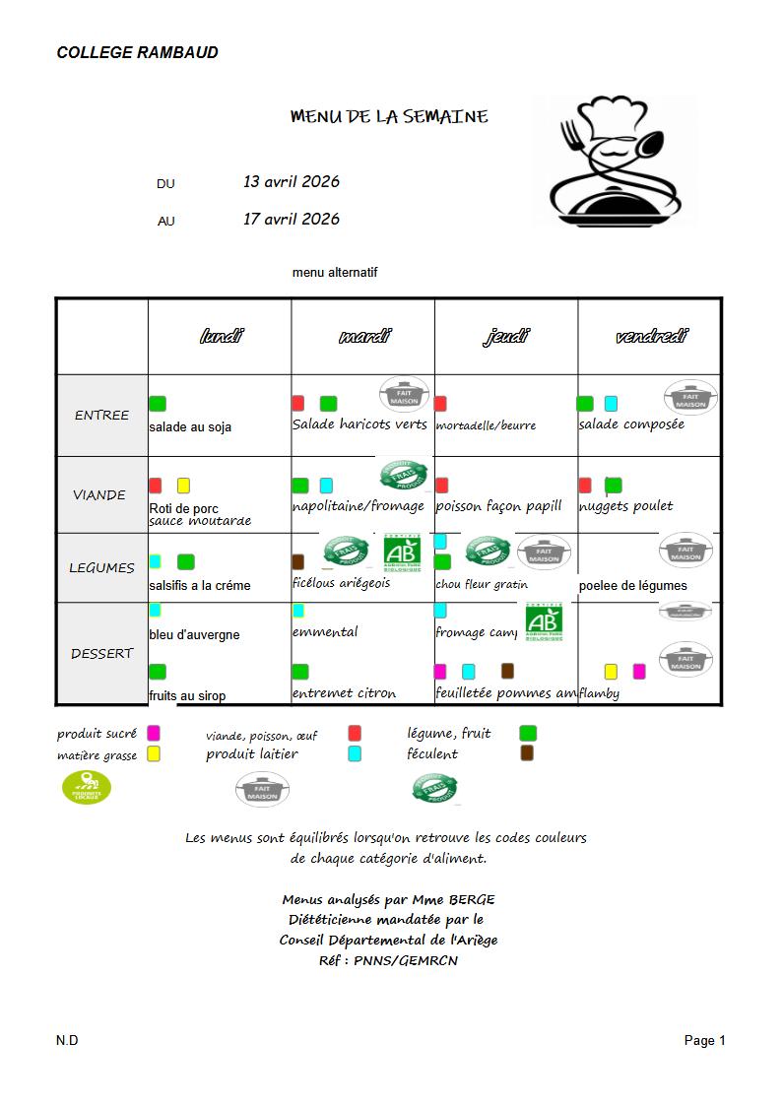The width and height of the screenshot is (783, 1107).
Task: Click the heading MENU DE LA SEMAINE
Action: pos(389,116)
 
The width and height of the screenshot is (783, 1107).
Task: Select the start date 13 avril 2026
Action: pos(292,181)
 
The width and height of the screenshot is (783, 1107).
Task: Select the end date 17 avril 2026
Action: pos(292,219)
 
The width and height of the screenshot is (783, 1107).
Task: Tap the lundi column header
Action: pos(220,337)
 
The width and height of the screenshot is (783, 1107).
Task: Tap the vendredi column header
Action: pos(650,337)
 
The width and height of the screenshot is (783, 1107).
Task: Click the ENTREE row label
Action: pos(101,415)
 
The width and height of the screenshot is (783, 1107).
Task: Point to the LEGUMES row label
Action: pos(101,567)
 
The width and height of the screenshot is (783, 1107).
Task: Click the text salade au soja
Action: pos(190,427)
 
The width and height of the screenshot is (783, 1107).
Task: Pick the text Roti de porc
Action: pos(184,508)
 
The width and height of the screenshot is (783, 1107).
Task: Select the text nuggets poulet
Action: pos(626,505)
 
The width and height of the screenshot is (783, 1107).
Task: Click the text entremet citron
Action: pos(344,693)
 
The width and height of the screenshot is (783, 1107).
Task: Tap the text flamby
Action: pos(600,693)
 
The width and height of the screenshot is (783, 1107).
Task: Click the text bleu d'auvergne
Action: pos(194,634)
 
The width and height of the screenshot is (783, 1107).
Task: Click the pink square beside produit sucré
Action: pos(154,733)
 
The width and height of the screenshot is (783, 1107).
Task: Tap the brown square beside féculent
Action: pos(527,753)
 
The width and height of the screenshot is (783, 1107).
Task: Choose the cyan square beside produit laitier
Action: pos(355,753)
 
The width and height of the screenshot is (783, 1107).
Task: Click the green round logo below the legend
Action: pos(87,787)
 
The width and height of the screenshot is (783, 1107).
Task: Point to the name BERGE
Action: pos(472,899)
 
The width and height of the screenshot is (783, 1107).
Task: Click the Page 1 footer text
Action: pos(704,1040)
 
